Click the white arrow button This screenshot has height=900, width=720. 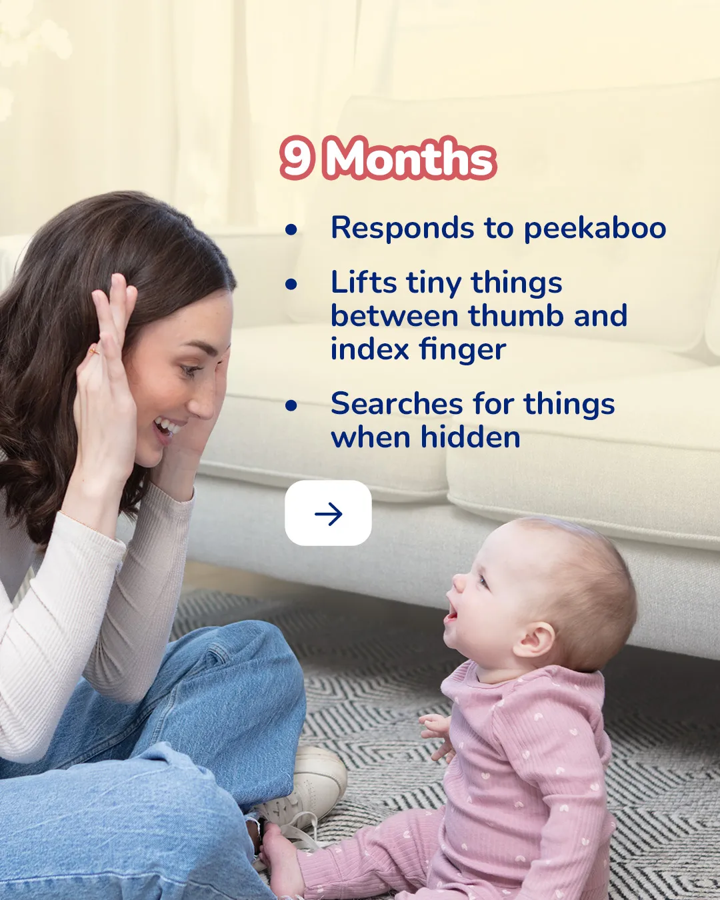pyautogui.click(x=328, y=513)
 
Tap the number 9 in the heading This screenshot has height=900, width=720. pyautogui.click(x=297, y=159)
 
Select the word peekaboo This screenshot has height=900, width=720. pyautogui.click(x=595, y=229)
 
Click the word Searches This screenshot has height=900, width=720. pyautogui.click(x=397, y=403)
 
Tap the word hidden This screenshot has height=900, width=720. pyautogui.click(x=470, y=437)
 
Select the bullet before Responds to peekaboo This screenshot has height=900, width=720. pyautogui.click(x=291, y=229)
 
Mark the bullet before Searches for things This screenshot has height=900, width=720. pyautogui.click(x=291, y=405)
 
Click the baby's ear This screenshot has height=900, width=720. pyautogui.click(x=534, y=639)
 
